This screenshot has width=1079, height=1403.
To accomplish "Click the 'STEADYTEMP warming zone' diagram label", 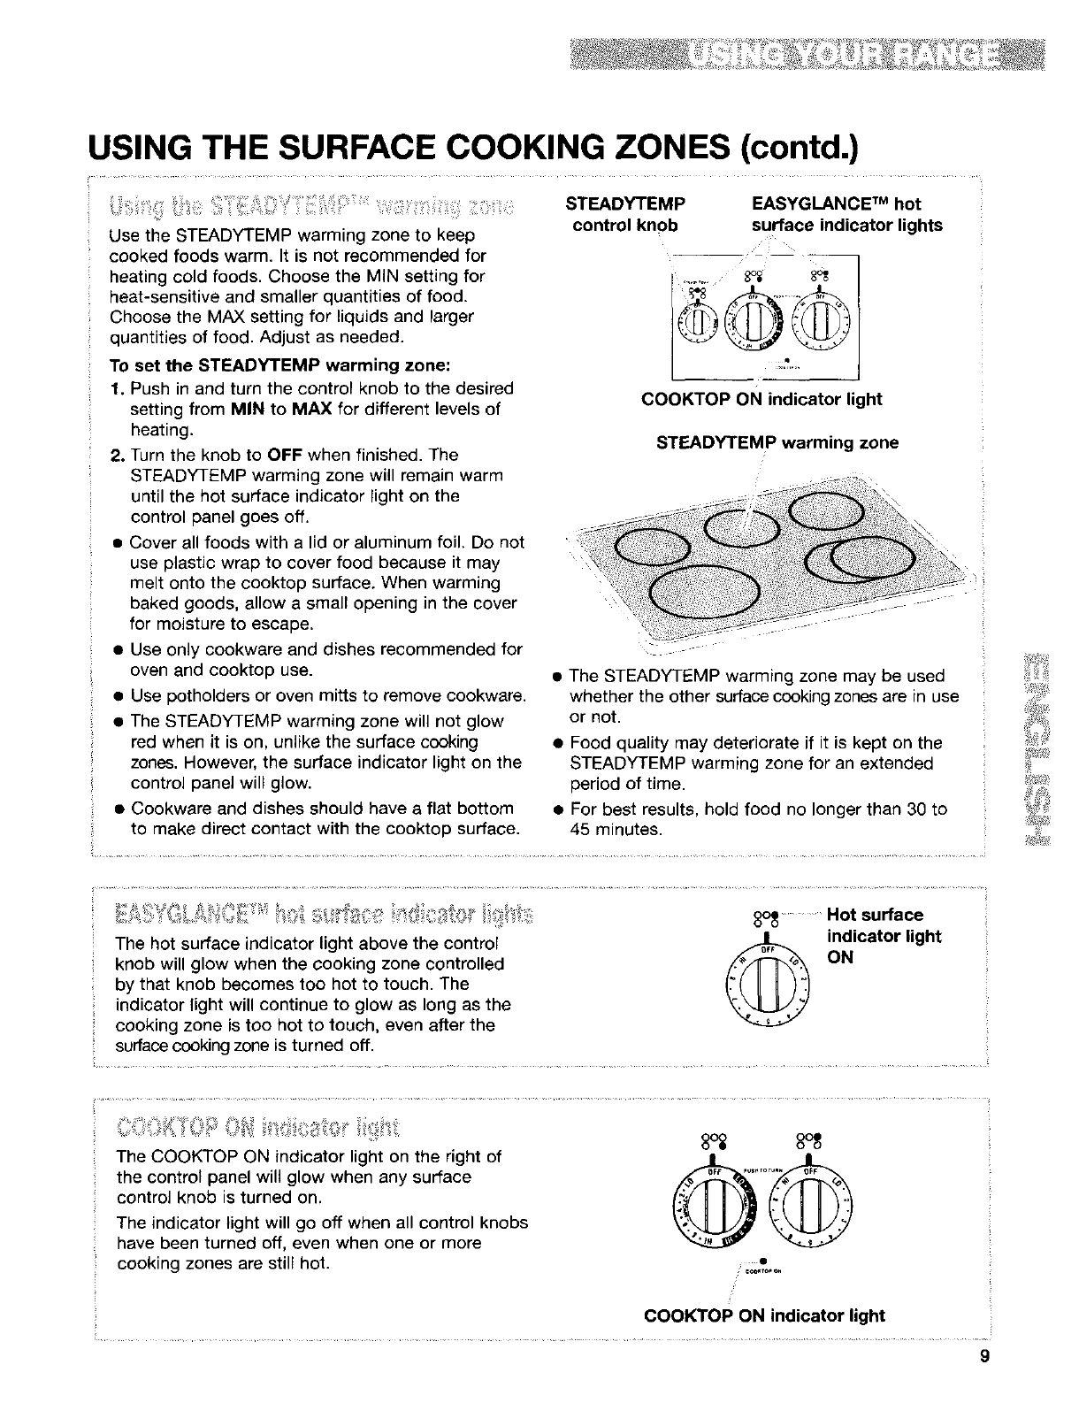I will [x=777, y=442].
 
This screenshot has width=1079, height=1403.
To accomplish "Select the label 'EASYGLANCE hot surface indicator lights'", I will [x=846, y=214].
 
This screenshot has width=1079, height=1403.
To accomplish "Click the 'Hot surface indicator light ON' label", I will [x=882, y=936].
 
